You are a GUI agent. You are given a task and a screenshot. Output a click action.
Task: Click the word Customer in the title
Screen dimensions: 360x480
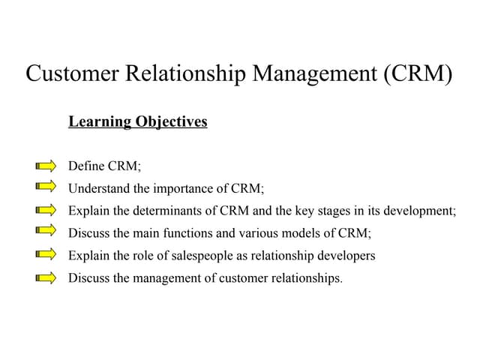click(x=71, y=73)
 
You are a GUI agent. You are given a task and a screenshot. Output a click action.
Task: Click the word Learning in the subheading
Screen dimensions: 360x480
click(x=99, y=121)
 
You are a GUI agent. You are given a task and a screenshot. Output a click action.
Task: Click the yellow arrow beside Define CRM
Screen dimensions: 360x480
click(x=46, y=166)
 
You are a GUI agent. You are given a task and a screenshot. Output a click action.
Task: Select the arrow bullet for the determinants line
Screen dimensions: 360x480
click(x=46, y=210)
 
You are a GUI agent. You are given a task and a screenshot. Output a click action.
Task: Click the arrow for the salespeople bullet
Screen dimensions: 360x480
click(x=46, y=255)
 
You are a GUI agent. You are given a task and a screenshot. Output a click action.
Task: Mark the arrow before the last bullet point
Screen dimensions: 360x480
click(x=46, y=278)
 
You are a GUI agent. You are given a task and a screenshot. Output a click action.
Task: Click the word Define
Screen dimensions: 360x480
click(x=86, y=166)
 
